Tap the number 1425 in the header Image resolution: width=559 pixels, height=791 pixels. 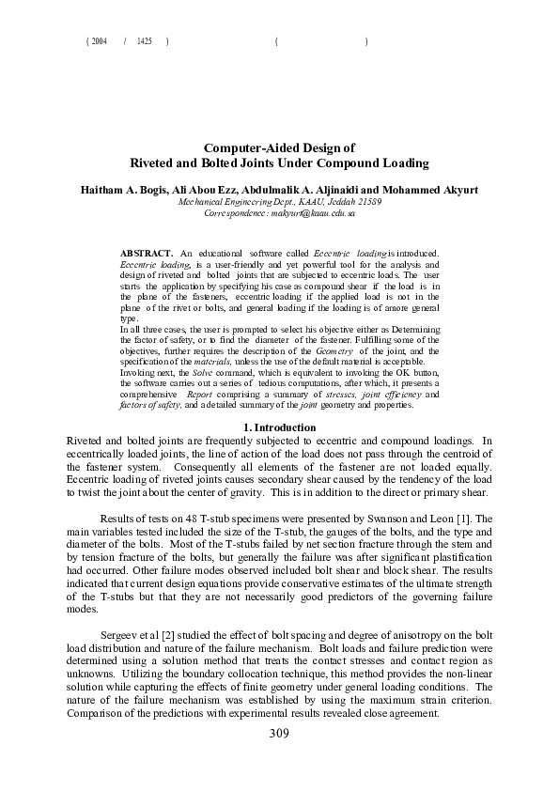point(144,42)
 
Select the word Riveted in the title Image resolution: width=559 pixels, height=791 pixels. point(153,163)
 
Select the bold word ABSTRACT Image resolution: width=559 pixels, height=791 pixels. point(147,255)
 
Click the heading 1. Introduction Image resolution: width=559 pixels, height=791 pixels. point(279,428)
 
